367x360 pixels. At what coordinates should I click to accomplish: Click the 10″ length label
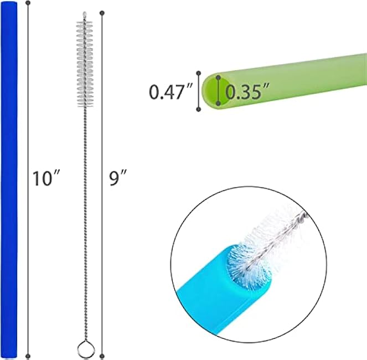[x=46, y=178]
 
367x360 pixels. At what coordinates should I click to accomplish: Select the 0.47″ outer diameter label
[x=170, y=91]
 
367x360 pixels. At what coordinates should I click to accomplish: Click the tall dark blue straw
[x=9, y=180]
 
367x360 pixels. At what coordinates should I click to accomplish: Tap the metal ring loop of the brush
[x=86, y=349]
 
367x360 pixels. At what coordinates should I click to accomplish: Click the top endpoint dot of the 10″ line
[x=28, y=3]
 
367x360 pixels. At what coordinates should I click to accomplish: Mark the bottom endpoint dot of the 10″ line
[x=28, y=357]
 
